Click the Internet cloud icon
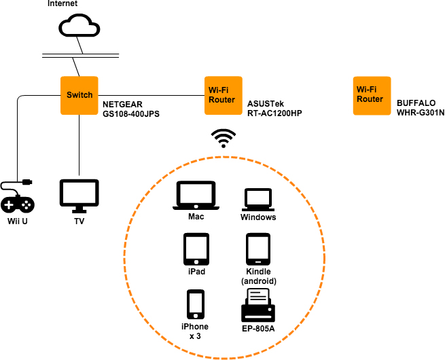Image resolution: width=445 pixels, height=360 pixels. [79, 26]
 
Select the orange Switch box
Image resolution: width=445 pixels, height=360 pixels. [79, 95]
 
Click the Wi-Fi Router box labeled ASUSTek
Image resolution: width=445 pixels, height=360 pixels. [223, 95]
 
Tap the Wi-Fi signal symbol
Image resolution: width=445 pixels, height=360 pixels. [222, 138]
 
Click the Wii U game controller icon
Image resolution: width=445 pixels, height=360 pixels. [18, 200]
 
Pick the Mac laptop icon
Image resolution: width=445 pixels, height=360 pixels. [196, 196]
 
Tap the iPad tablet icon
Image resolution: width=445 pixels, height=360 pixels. [196, 249]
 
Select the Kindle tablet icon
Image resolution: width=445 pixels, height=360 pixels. [258, 249]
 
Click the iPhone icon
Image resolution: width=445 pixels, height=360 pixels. [196, 304]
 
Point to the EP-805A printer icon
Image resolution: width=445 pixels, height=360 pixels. [258, 305]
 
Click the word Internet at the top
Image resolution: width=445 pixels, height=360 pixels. [63, 4]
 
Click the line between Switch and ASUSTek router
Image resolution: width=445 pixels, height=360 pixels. [149, 95]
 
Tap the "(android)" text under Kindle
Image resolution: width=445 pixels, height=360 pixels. [258, 281]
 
